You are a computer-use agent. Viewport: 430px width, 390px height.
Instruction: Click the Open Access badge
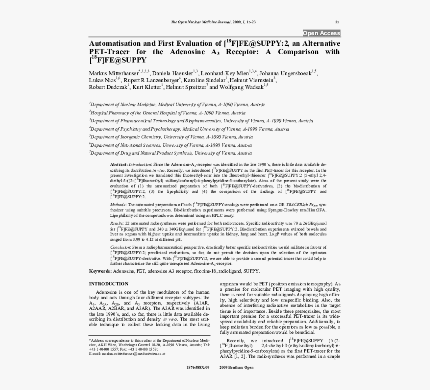321,33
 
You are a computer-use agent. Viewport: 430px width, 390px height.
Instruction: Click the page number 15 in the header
337,22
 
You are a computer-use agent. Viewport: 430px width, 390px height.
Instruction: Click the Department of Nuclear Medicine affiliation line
177,105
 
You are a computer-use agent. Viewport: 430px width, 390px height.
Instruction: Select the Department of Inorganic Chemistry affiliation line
171,136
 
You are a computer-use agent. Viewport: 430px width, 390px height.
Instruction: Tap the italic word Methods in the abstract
118,205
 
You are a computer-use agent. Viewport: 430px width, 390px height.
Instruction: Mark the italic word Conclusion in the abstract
120,247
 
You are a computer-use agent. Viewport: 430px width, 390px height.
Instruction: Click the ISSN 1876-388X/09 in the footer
198,368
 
